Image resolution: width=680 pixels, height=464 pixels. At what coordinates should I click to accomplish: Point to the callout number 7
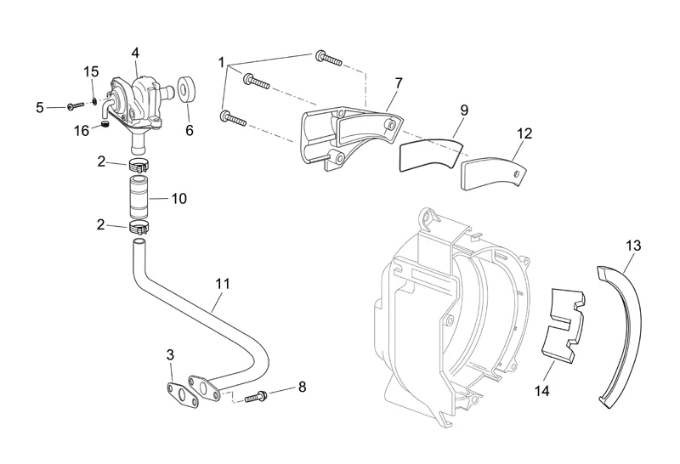tap(398, 82)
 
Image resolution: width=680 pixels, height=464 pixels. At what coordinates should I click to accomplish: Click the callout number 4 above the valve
tap(135, 53)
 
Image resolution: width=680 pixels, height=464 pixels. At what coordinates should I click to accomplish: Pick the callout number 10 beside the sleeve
tap(178, 199)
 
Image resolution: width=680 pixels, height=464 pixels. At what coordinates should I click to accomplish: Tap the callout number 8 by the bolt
tap(301, 388)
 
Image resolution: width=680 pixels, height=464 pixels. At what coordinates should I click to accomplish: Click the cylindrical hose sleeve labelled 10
tap(139, 197)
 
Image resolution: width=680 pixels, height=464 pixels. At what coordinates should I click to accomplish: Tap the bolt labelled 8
tap(257, 395)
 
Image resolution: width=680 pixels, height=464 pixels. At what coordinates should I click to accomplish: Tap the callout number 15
tap(92, 71)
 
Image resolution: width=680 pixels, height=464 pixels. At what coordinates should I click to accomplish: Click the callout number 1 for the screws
tap(221, 62)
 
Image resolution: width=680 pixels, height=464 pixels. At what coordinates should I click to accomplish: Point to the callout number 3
tap(170, 354)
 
